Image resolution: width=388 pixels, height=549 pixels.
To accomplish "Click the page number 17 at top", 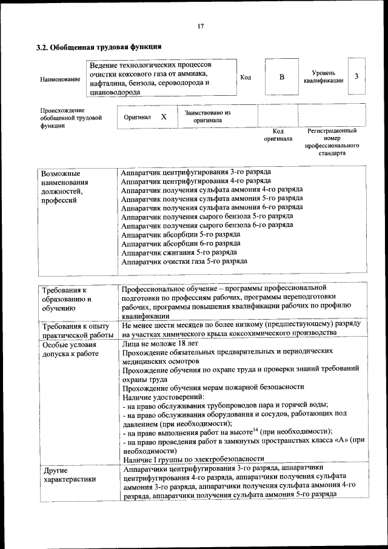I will pos(200,26).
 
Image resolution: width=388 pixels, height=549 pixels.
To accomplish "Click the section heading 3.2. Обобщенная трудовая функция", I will pos(98,47).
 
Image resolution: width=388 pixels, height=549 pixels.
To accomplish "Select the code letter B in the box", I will pos(281,77).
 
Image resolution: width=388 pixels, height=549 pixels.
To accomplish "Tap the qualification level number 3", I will pos(357,76).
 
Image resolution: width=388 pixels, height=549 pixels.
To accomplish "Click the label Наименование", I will pos(59,79).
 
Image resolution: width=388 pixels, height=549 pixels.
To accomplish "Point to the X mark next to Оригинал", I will pos(163,116).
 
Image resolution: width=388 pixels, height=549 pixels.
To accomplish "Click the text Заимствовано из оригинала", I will pos(207,116).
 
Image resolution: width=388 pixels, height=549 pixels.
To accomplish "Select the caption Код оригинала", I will pos(278,135).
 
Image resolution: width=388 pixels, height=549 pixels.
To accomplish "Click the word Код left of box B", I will pos(246,77).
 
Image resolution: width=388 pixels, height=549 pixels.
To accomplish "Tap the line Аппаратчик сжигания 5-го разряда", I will pos(179,252).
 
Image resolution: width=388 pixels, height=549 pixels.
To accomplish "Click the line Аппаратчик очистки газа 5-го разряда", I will pos(184,261).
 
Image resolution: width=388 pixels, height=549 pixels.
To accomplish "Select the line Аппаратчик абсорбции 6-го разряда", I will pos(181,243).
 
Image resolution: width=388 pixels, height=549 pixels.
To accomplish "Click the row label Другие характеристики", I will pos(69,474).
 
